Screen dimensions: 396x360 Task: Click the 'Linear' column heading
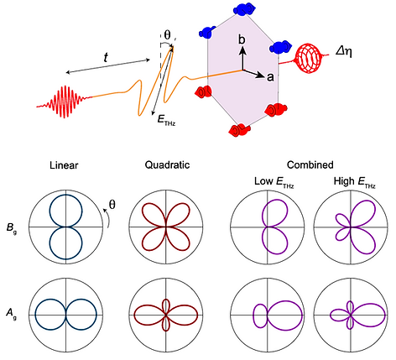(x=64, y=165)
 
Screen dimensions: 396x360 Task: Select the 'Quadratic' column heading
(x=167, y=165)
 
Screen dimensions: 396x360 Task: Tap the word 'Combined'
(x=310, y=164)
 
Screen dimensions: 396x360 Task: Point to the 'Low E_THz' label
(x=274, y=182)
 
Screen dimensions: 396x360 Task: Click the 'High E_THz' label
(x=355, y=182)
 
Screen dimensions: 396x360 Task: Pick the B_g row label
(x=12, y=228)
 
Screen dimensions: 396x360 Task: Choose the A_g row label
(x=12, y=313)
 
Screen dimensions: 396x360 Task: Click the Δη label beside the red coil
(x=344, y=51)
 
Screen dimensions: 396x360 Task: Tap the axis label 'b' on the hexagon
(x=242, y=39)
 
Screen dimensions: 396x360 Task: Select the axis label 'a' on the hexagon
(x=270, y=77)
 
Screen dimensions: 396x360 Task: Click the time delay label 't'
(x=106, y=58)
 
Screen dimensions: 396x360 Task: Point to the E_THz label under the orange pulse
(x=166, y=120)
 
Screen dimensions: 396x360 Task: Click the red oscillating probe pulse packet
(x=65, y=102)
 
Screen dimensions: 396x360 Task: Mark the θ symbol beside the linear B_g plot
(x=112, y=205)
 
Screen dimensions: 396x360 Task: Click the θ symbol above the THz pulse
(x=167, y=35)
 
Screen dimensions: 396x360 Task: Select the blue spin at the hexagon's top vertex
(x=244, y=10)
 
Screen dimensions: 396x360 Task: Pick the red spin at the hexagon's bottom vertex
(x=239, y=130)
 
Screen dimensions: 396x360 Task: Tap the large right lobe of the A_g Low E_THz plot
(x=302, y=314)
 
